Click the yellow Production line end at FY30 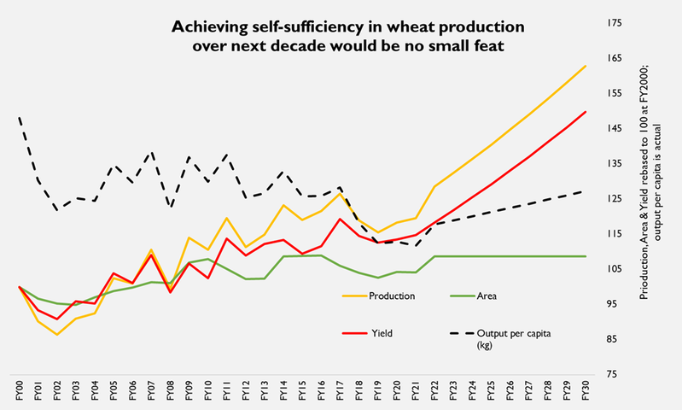click(585, 66)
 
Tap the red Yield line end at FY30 click(585, 112)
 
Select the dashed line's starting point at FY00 click(19, 117)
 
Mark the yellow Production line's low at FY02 click(57, 334)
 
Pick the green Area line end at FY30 click(585, 256)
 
